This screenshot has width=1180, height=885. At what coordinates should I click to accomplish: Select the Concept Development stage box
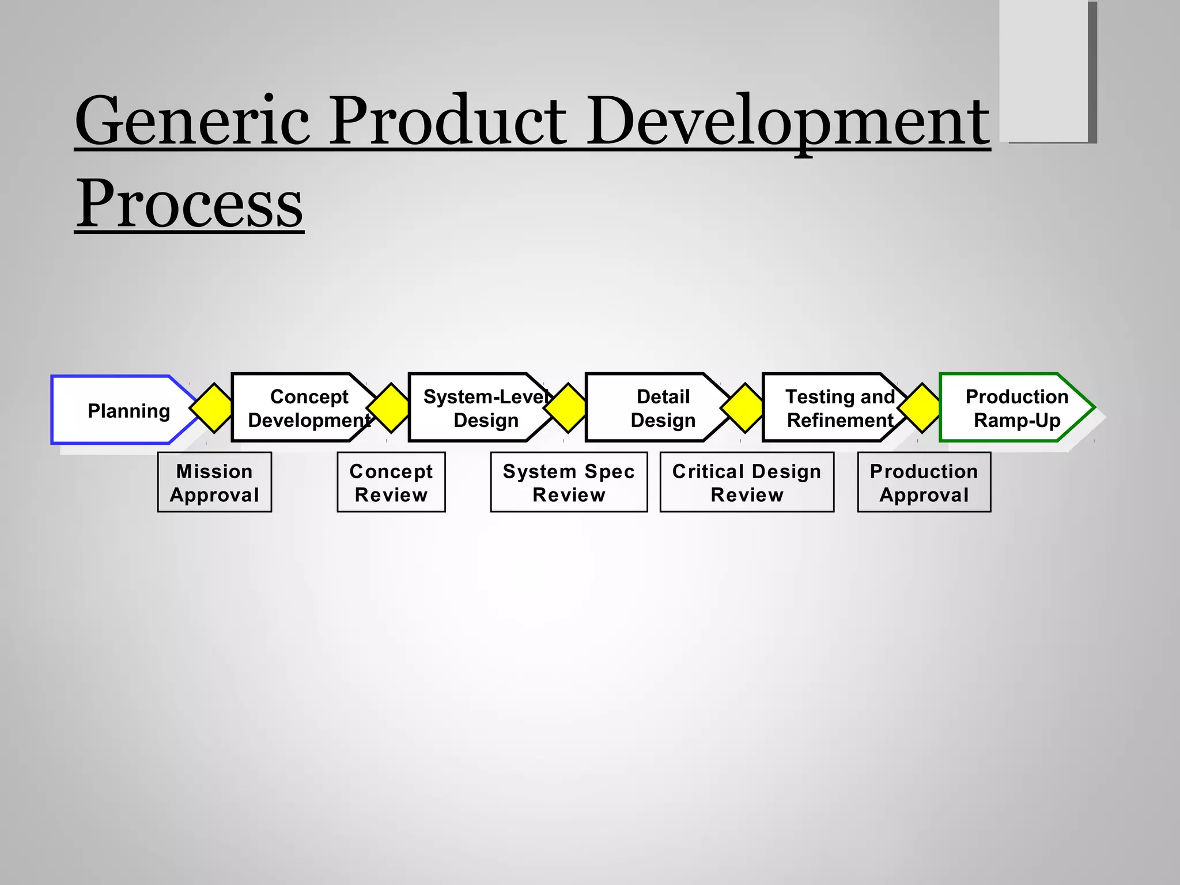pyautogui.click(x=300, y=407)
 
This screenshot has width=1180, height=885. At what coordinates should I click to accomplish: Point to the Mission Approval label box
pyautogui.click(x=214, y=482)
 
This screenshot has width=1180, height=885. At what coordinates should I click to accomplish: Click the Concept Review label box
pyautogui.click(x=391, y=482)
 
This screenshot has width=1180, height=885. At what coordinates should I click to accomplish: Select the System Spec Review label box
pyautogui.click(x=569, y=482)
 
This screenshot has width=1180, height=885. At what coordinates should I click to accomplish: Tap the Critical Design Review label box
pyautogui.click(x=747, y=482)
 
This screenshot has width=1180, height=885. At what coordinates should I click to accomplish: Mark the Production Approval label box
pyautogui.click(x=924, y=482)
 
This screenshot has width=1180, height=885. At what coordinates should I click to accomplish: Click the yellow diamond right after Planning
pyautogui.click(x=214, y=407)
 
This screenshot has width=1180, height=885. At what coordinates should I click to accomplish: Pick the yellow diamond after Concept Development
pyautogui.click(x=391, y=407)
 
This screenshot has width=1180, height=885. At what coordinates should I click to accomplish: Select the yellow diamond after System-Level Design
pyautogui.click(x=568, y=407)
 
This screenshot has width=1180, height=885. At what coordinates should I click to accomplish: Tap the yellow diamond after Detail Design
pyautogui.click(x=745, y=407)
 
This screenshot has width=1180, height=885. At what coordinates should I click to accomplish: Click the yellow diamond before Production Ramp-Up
pyautogui.click(x=922, y=407)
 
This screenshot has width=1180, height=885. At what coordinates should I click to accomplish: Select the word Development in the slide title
pyautogui.click(x=787, y=122)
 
